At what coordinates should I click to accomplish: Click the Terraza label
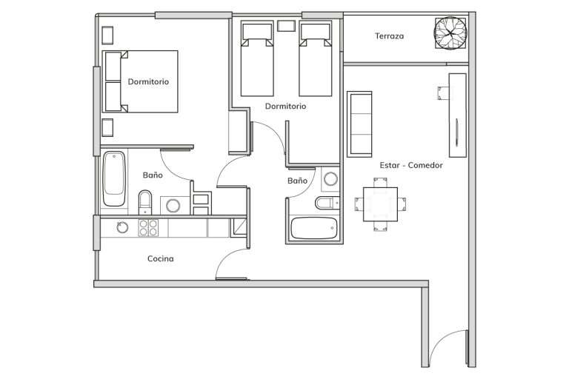click(x=389, y=36)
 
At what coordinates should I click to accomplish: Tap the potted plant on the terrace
click(x=450, y=33)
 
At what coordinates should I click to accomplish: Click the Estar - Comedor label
click(x=410, y=165)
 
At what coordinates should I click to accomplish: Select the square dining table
click(x=380, y=204)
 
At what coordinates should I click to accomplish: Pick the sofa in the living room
click(x=359, y=124)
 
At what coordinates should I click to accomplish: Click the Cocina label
click(x=160, y=258)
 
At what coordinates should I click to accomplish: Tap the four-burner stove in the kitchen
click(x=148, y=228)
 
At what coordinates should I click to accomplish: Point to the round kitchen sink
click(x=122, y=227)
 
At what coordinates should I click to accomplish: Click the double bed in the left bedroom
click(x=141, y=81)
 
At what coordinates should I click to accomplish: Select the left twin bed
click(x=257, y=58)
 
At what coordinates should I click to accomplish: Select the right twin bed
click(x=316, y=58)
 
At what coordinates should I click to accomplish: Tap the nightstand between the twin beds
click(x=286, y=26)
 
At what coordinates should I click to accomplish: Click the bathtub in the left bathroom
click(x=114, y=179)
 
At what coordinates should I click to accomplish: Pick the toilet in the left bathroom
click(x=145, y=202)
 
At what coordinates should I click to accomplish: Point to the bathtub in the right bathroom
click(x=314, y=228)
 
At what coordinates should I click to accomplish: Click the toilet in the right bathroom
click(x=327, y=203)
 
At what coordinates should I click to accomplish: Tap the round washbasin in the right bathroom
click(x=330, y=179)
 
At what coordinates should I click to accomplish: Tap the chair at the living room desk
click(x=444, y=93)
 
